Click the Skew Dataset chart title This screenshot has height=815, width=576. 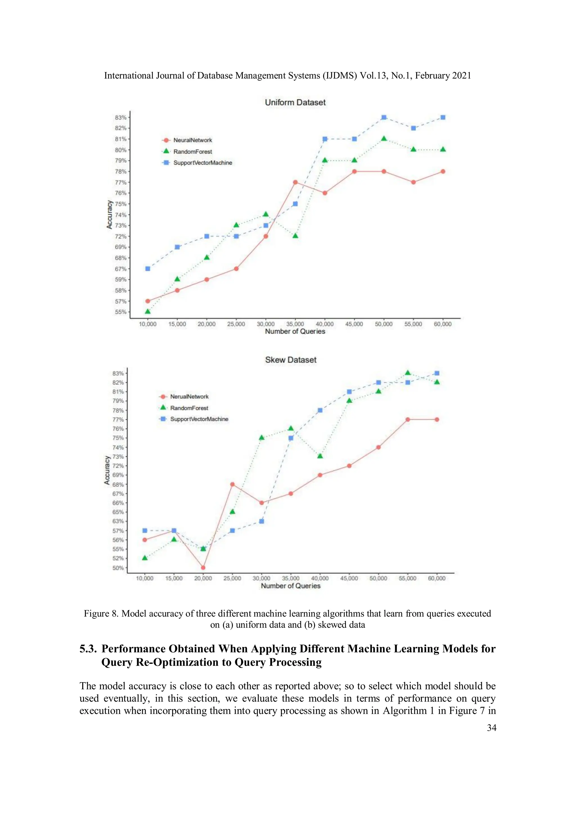290,360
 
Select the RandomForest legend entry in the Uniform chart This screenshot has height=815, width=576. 192,152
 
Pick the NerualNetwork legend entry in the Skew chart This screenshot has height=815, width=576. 189,396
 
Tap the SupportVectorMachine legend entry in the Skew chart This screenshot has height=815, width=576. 199,419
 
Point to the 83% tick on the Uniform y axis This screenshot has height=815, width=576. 121,118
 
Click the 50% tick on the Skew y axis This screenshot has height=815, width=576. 118,568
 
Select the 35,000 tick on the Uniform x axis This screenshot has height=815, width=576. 295,324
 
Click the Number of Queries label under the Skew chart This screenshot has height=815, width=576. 290,586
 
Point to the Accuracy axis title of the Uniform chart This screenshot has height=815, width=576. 109,214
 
